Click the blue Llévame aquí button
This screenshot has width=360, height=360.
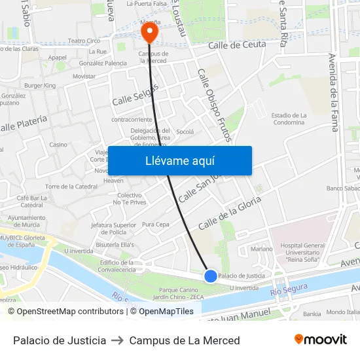click(x=179, y=160)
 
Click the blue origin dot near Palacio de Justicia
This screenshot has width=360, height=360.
click(x=211, y=276)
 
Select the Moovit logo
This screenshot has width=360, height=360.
click(x=321, y=340)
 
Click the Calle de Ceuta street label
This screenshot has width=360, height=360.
click(x=237, y=45)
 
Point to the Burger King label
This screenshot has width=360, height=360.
click(x=40, y=85)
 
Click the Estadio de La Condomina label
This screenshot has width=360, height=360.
click(x=289, y=119)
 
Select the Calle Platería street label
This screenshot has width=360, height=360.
click(x=24, y=122)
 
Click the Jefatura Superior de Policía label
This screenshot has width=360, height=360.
click(x=113, y=228)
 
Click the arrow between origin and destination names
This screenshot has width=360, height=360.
click(x=118, y=340)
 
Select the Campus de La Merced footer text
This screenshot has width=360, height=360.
click(x=185, y=340)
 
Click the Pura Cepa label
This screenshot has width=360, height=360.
click(x=156, y=225)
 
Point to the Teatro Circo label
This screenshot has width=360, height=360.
click(x=84, y=41)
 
